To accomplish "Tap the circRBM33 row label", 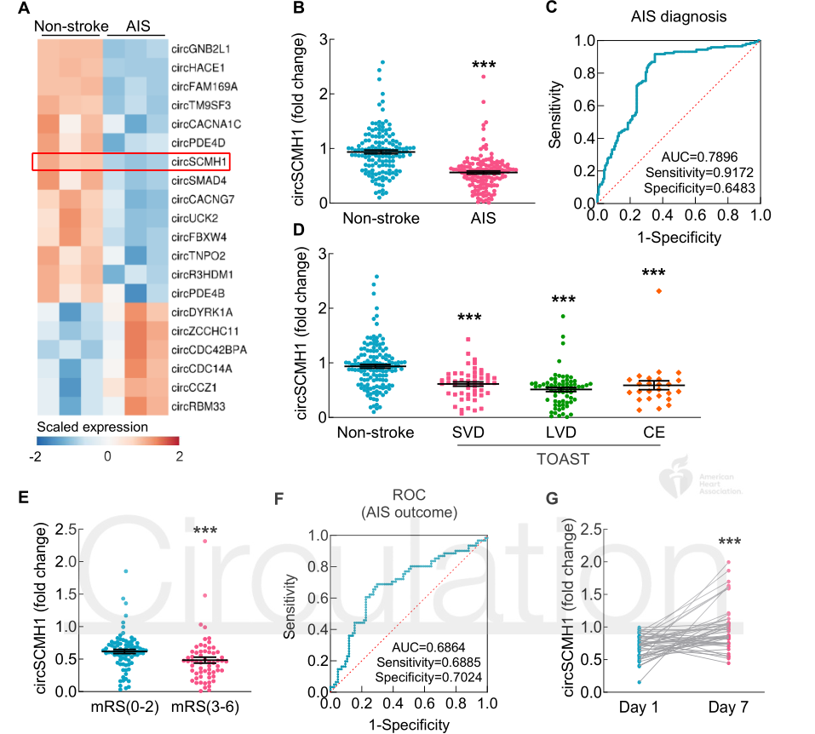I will point(199,406).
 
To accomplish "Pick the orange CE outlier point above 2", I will point(657,291).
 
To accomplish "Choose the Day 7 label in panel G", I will point(729,706).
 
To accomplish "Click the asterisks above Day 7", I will point(729,542).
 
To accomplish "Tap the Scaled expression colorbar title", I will point(93,426).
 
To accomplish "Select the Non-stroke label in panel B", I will point(381,218).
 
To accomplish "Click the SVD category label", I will point(468,433).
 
